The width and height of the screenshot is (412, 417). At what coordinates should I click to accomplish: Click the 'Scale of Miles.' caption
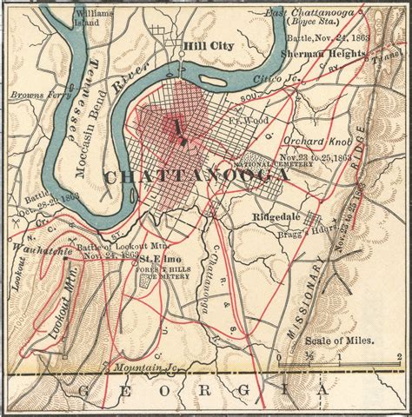[x=341, y=340]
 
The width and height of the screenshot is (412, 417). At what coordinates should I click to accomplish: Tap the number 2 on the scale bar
[x=396, y=356]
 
